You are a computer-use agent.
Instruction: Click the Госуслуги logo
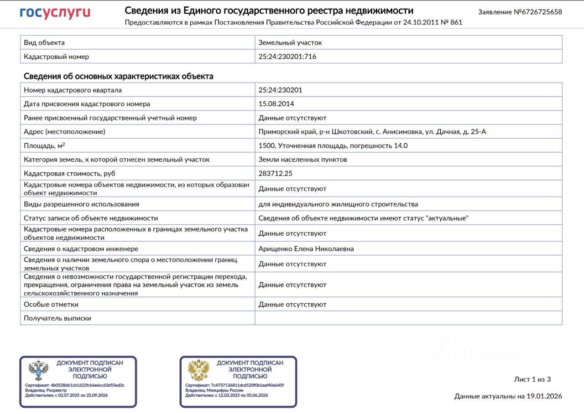coord(55,13)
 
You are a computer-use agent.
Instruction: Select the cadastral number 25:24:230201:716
coord(287,57)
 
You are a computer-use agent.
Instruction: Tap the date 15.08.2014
coord(276,104)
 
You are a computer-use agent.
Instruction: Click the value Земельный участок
coord(290,42)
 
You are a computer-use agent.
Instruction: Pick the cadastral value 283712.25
coord(276,174)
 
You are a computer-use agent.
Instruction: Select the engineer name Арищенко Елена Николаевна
coord(306,249)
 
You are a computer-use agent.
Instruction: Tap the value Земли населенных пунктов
coord(303,160)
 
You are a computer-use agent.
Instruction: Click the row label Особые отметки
coord(51,304)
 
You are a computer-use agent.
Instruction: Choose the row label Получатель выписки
coord(57,318)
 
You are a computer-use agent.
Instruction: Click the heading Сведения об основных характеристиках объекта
coord(118,76)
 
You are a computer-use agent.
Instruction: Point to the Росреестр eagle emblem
coord(38,370)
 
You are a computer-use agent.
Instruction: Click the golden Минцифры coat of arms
coord(198,370)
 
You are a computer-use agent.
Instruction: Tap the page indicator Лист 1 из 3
coord(532,379)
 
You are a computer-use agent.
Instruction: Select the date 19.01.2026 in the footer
coord(545,396)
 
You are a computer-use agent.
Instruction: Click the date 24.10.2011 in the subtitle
coord(420,22)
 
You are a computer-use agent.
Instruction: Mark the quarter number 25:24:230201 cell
coord(280,90)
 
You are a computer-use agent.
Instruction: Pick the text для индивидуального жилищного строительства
coord(338,204)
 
